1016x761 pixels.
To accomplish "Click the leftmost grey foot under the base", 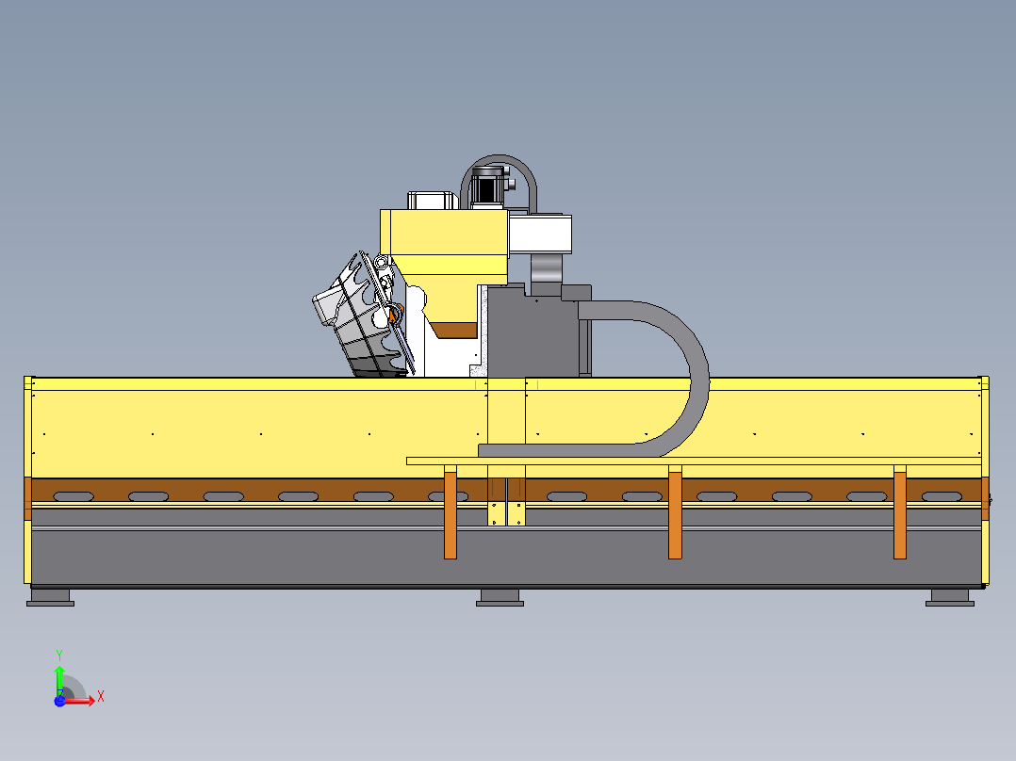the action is pos(51,597).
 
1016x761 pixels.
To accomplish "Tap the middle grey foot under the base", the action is pos(500,597).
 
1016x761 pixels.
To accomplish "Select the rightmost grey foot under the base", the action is pos(950,597).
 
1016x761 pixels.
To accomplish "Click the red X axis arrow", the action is pos(78,701).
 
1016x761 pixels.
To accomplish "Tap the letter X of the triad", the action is pos(101,697).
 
